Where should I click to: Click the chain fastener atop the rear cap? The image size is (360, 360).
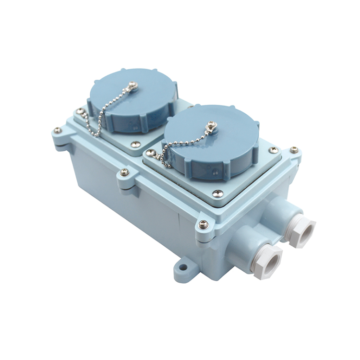point(133,86)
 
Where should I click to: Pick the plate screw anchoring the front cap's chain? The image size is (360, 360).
point(151,153)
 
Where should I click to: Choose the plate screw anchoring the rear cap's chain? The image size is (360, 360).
point(80,111)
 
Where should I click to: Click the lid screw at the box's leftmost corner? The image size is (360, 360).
point(58,130)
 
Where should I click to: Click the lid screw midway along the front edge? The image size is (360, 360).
point(124,171)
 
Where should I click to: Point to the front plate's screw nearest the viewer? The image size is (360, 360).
point(217,193)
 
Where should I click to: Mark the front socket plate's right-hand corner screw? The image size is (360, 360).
point(273,150)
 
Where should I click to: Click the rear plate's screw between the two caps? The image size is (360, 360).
point(135,144)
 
